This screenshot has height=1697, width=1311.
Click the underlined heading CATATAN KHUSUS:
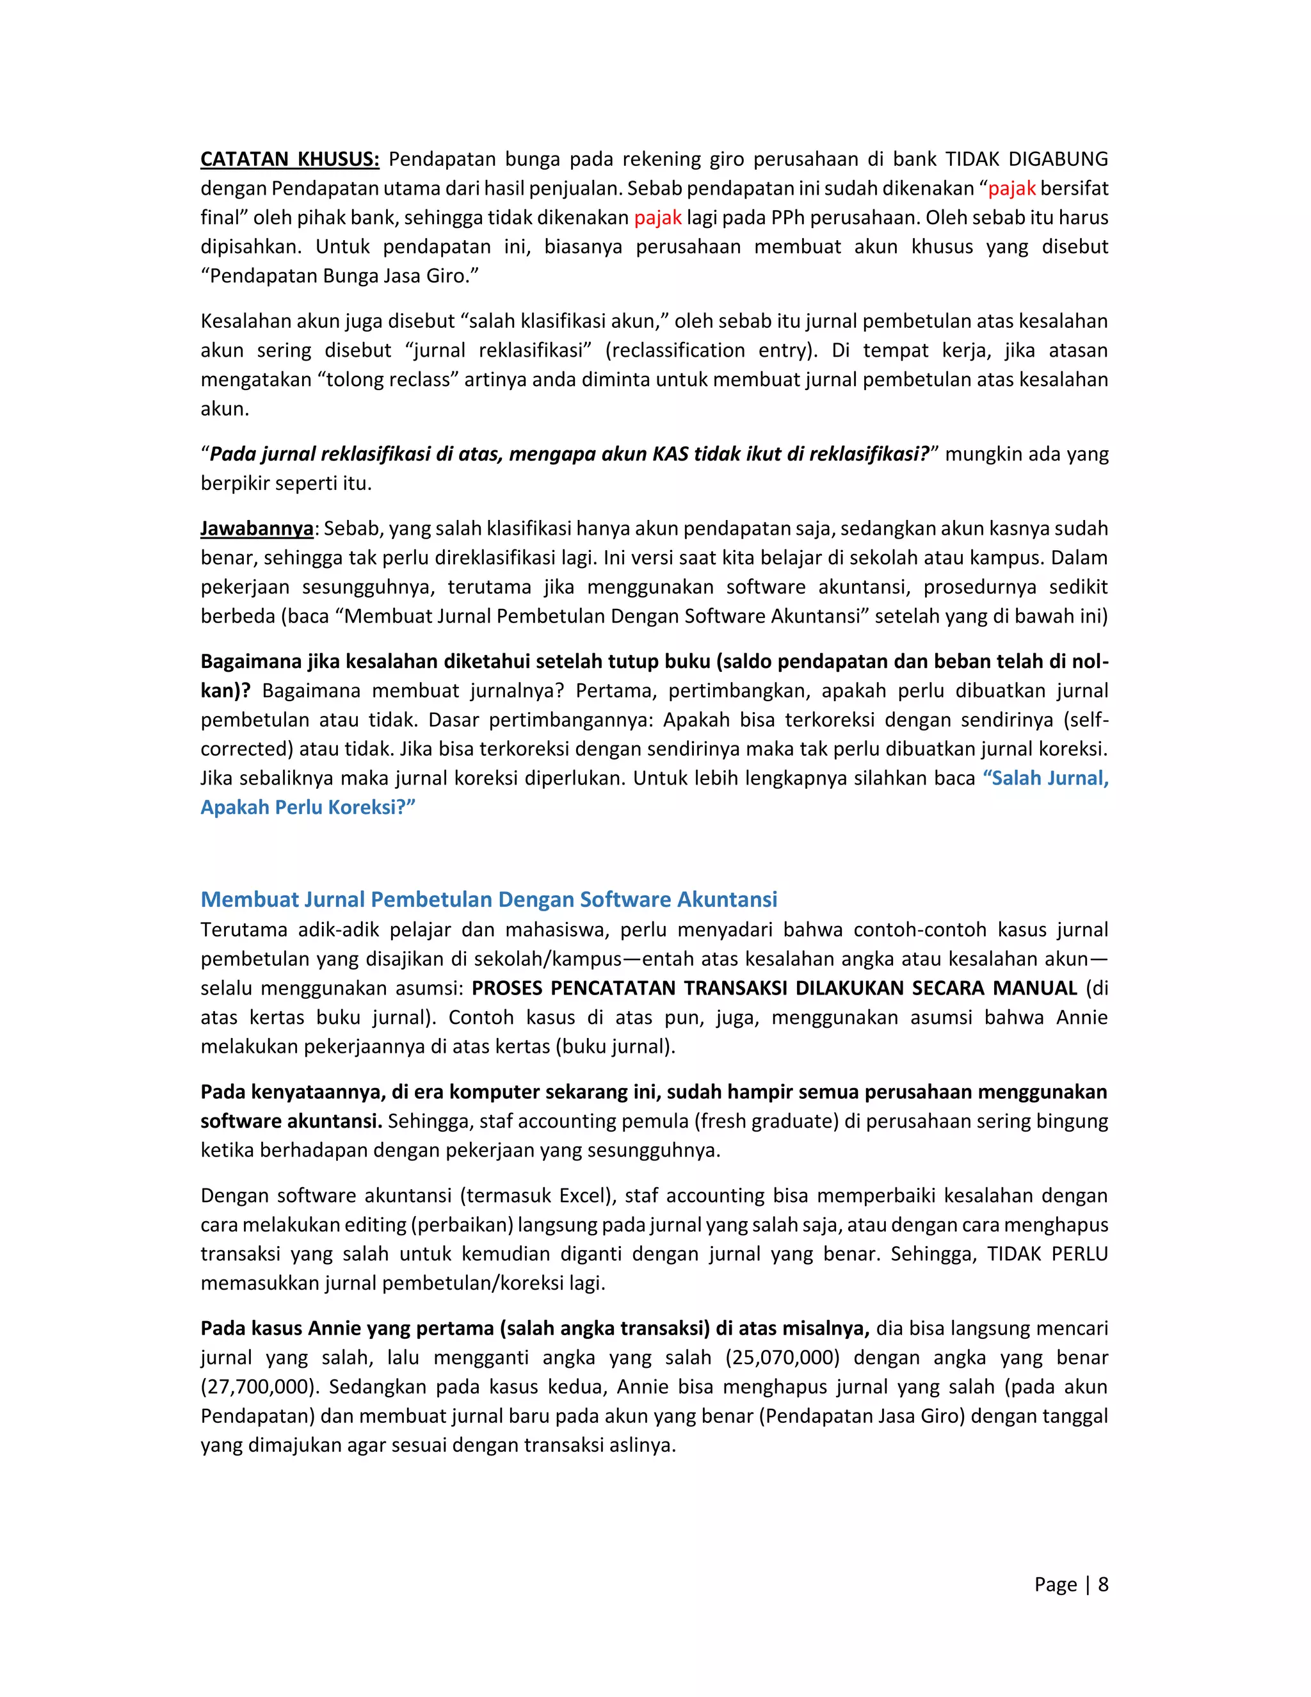pos(290,159)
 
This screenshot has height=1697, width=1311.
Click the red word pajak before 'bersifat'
pos(1011,189)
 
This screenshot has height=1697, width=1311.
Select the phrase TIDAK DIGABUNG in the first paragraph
pos(1026,159)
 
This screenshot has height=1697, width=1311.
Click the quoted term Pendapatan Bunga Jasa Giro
pos(339,276)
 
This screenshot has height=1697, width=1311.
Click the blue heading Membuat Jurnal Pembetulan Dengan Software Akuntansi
pos(488,900)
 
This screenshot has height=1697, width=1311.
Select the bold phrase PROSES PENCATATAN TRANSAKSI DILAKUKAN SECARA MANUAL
pos(775,988)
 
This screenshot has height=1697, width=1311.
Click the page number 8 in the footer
pos(1102,1584)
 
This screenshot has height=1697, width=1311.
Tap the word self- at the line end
pos(1089,720)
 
